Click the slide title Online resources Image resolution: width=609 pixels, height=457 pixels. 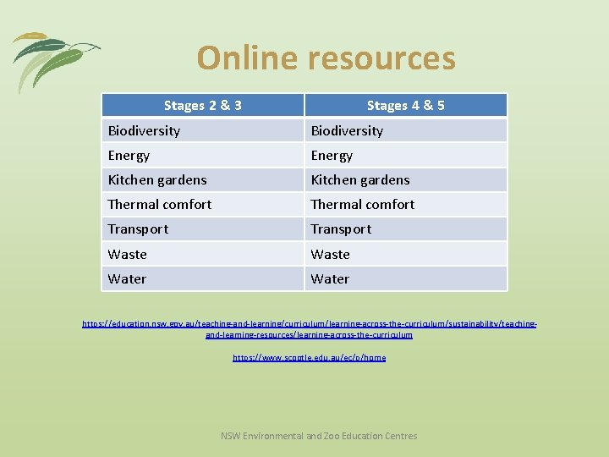326,58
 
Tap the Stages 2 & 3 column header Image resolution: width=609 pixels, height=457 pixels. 203,106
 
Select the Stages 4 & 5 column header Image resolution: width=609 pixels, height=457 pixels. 406,106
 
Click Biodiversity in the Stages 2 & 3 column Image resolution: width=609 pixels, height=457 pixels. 144,131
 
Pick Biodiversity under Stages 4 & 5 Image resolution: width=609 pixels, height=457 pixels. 347,131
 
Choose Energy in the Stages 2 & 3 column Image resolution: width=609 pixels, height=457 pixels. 129,156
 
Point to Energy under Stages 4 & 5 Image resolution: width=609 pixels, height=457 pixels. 332,156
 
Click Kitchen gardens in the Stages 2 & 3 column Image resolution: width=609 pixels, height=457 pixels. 157,180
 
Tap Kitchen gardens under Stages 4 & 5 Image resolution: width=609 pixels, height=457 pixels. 360,180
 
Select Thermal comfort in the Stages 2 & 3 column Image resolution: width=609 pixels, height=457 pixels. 160,205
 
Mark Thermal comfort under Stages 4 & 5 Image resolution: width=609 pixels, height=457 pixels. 363,205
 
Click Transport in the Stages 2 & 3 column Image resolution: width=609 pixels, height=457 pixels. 138,229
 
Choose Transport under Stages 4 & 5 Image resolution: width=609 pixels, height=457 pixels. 341,229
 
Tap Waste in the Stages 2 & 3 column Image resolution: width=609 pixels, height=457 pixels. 127,254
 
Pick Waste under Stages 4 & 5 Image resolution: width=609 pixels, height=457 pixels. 330,254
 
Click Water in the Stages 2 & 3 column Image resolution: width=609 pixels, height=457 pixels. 127,278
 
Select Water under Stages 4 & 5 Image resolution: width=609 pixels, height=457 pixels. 330,278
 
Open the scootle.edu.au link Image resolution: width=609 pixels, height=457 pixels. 309,358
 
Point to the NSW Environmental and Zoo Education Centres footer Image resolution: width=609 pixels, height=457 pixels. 319,436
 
